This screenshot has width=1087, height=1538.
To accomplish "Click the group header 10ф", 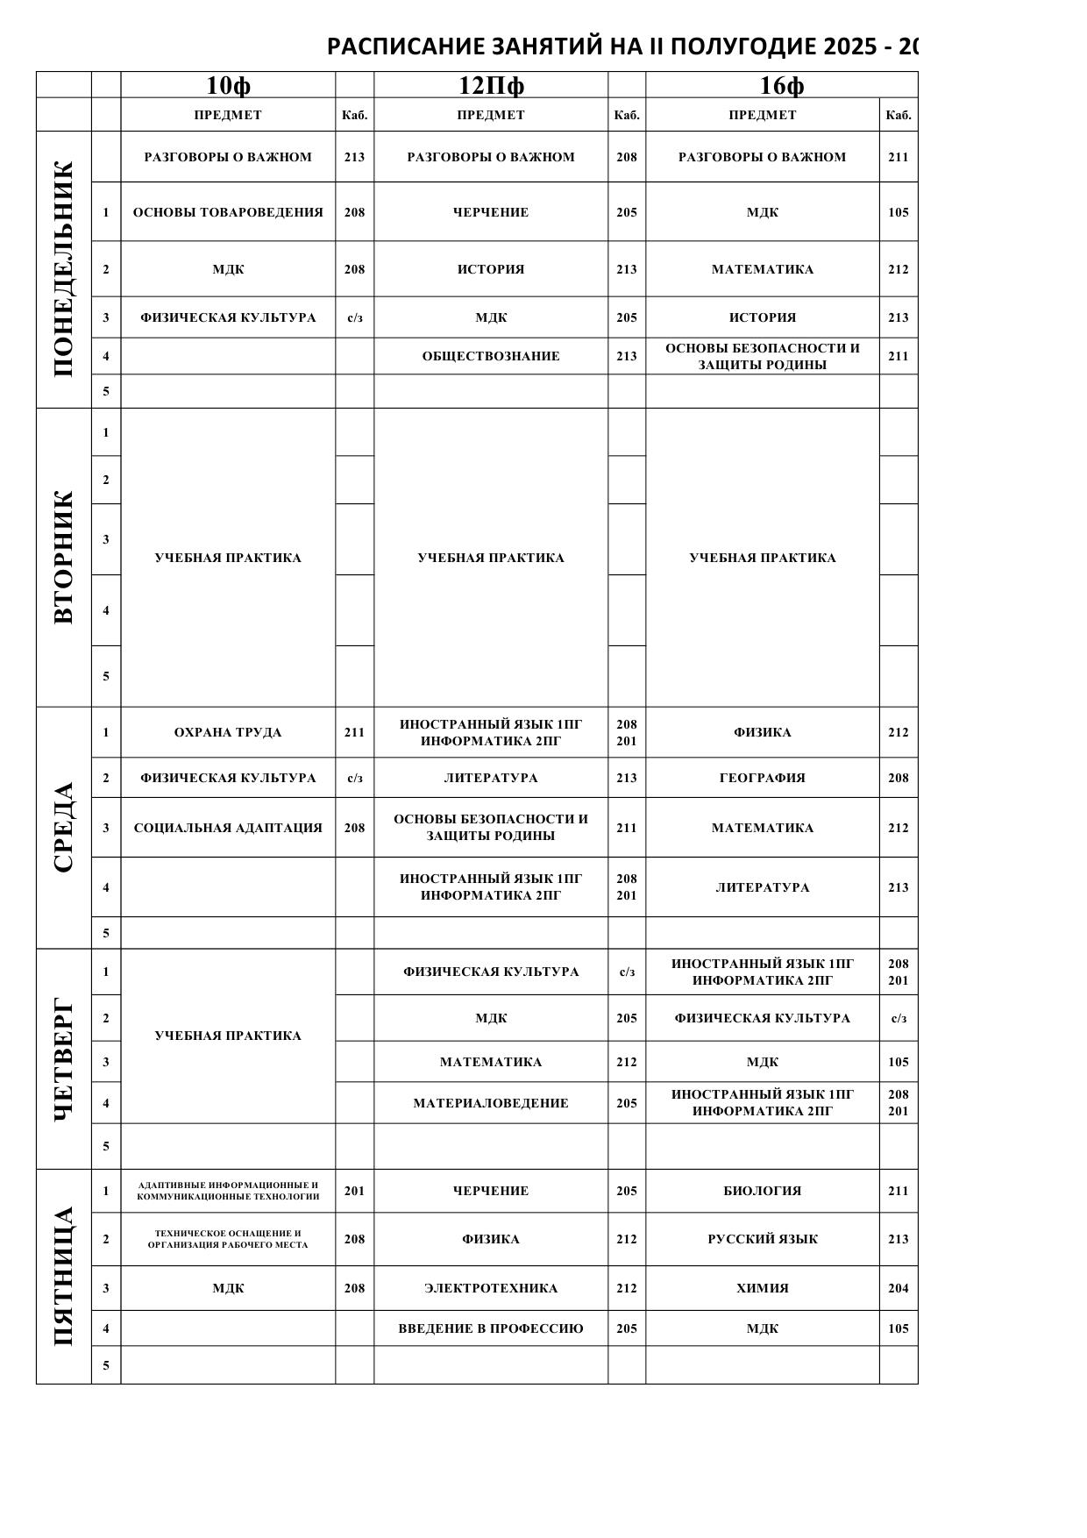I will pyautogui.click(x=228, y=85).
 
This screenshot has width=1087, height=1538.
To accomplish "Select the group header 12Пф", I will pyautogui.click(x=491, y=85).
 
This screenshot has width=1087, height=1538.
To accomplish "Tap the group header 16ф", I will pyautogui.click(x=781, y=85).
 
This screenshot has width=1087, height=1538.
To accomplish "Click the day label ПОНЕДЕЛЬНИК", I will pyautogui.click(x=64, y=269).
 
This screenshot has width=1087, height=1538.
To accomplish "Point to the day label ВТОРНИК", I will pyautogui.click(x=64, y=557).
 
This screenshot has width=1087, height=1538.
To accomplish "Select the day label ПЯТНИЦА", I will pyautogui.click(x=64, y=1276).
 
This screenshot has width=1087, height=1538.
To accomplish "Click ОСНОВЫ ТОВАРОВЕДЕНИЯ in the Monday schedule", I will pyautogui.click(x=228, y=212).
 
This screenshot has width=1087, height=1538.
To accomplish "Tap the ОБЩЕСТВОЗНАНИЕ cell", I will pyautogui.click(x=491, y=356).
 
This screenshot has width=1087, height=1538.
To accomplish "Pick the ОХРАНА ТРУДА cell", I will pyautogui.click(x=228, y=732).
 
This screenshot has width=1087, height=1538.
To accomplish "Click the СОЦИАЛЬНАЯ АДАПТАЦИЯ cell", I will pyautogui.click(x=228, y=828).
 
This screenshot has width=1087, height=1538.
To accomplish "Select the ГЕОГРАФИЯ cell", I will pyautogui.click(x=763, y=778).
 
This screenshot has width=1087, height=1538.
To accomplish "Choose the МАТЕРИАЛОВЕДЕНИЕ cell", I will pyautogui.click(x=491, y=1103).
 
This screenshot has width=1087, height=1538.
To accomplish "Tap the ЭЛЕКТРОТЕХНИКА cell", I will pyautogui.click(x=491, y=1288).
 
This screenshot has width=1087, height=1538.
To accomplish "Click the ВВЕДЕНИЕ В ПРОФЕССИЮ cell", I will pyautogui.click(x=491, y=1328).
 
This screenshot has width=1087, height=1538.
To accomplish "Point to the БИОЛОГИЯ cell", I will pyautogui.click(x=763, y=1191).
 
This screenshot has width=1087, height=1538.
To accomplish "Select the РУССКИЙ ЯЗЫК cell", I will pyautogui.click(x=763, y=1239).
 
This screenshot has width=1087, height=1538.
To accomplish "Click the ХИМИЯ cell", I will pyautogui.click(x=763, y=1288).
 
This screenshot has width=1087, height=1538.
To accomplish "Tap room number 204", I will pyautogui.click(x=899, y=1288).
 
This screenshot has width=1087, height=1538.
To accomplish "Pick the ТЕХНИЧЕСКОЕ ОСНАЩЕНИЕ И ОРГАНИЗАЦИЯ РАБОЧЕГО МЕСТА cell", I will pyautogui.click(x=228, y=1239).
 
